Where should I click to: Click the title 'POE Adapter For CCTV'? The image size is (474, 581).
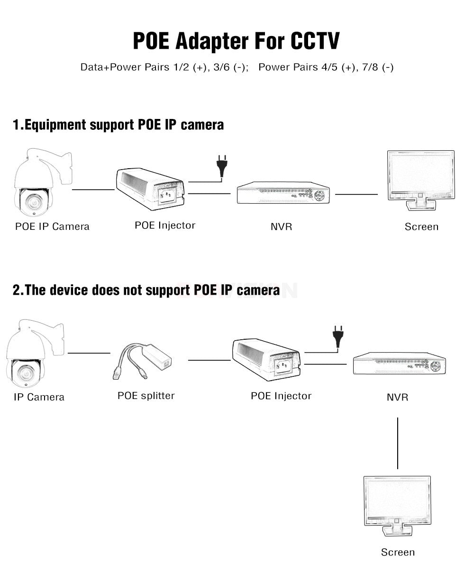point(236,41)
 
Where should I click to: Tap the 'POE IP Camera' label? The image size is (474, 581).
point(52,227)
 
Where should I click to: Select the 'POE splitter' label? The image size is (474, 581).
point(146,396)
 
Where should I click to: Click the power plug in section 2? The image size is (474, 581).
point(337,336)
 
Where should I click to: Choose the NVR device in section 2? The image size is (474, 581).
point(400,363)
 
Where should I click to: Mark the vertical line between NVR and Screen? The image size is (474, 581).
point(397,443)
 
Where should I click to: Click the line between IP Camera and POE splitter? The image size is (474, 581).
point(89,353)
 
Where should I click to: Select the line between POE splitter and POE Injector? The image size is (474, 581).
point(209,360)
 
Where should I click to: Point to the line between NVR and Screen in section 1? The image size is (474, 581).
point(356,194)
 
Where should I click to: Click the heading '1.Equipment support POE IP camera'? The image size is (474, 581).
point(118,125)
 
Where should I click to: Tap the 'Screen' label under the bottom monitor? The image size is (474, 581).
point(398,552)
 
